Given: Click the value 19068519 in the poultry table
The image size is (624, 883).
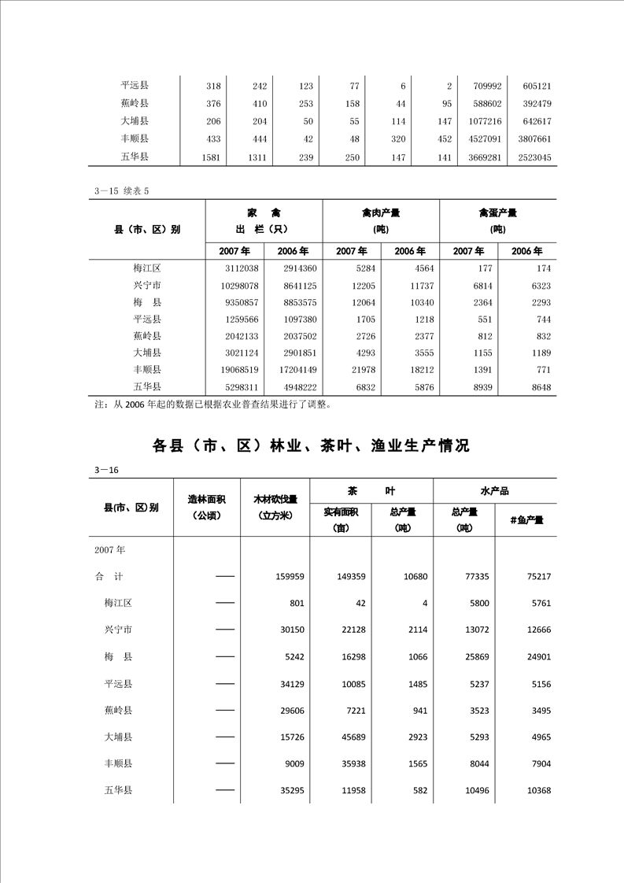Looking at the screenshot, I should click(x=236, y=370).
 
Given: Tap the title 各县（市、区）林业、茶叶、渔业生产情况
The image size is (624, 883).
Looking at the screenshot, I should click(x=311, y=445).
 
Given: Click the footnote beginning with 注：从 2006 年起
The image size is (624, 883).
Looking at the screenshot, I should click(x=212, y=405).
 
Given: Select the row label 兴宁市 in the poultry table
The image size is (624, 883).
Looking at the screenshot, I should click(x=147, y=285).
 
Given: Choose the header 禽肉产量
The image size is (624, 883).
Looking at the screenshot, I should click(x=381, y=212).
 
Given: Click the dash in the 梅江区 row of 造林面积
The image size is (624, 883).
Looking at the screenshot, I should click(x=225, y=604).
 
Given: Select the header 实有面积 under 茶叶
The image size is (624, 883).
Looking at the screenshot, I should click(x=341, y=512).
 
